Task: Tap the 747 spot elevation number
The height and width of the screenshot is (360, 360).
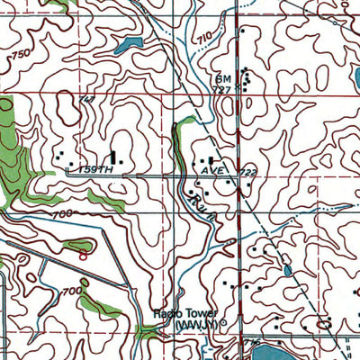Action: (86, 99)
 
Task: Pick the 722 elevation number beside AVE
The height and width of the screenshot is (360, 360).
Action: (238, 170)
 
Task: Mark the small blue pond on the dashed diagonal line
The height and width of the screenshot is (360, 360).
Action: (286, 269)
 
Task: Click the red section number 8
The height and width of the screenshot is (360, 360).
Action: (81, 255)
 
